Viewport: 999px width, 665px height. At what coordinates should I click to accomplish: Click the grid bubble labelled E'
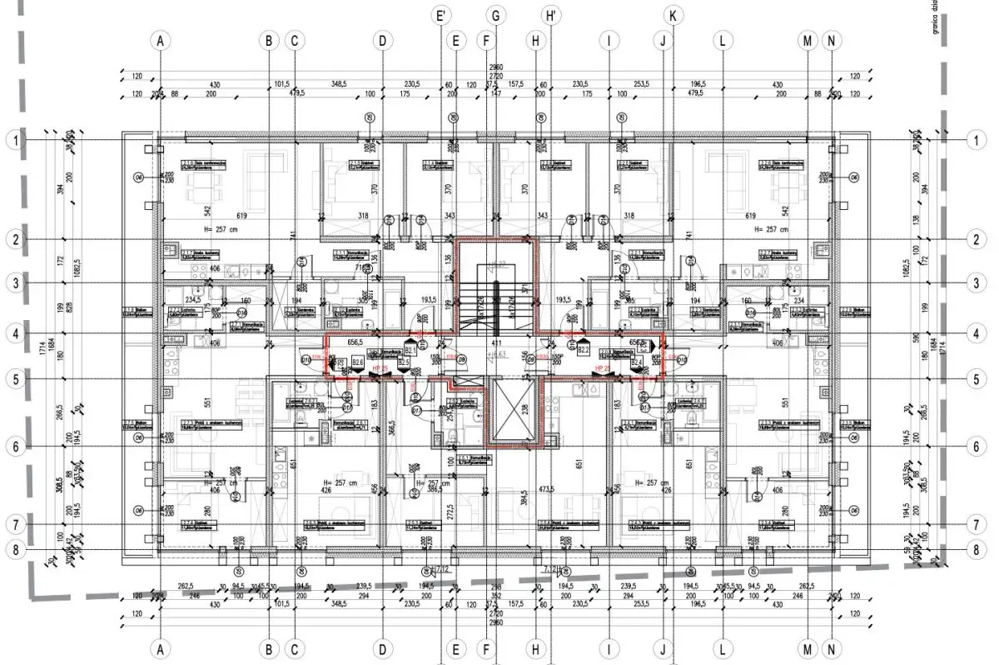coord(442,15)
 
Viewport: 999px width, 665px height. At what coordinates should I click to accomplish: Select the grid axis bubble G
coord(496,15)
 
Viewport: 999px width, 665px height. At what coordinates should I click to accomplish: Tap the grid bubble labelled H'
coord(550,15)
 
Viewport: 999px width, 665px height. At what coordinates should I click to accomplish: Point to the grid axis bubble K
coord(673,15)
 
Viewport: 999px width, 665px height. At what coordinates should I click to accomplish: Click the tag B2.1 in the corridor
coord(410,350)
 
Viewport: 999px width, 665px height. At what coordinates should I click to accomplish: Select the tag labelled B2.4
coord(636,363)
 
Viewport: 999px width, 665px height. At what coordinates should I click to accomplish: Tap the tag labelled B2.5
coord(404,363)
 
